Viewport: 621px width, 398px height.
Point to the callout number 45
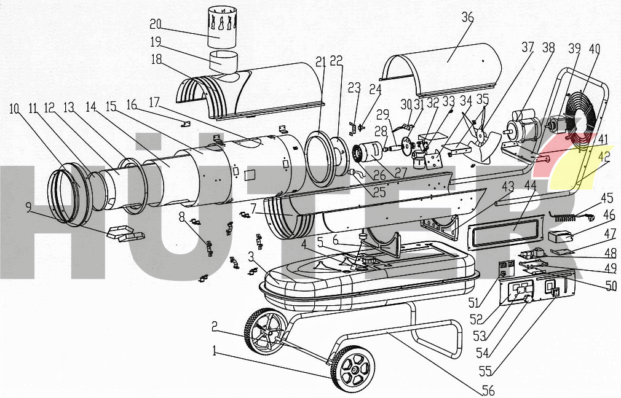607,197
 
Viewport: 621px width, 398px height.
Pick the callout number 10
15,109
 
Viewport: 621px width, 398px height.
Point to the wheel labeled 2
263,330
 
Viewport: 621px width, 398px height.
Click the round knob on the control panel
528,299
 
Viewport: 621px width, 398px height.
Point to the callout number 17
154,102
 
